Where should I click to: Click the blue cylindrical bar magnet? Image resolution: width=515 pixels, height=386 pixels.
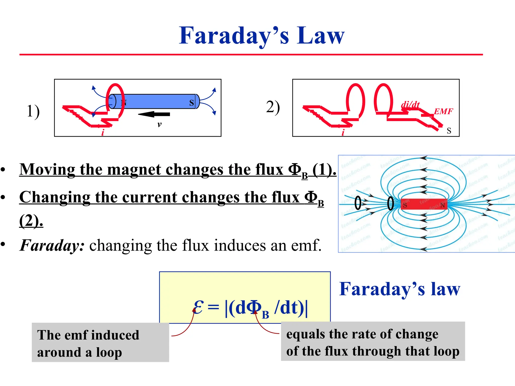pyautogui.click(x=156, y=101)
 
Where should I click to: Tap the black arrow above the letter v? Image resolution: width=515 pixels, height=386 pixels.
pyautogui.click(x=154, y=114)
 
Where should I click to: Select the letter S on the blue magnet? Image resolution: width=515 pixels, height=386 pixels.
pyautogui.click(x=192, y=102)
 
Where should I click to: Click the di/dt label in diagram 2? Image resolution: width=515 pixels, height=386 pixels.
pyautogui.click(x=410, y=105)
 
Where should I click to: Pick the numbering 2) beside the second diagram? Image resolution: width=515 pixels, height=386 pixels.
pyautogui.click(x=273, y=107)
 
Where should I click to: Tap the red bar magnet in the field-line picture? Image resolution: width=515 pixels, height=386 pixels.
pyautogui.click(x=424, y=204)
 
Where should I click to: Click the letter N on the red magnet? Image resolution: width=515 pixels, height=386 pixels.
pyautogui.click(x=443, y=205)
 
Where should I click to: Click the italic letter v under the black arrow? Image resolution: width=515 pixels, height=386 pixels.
pyautogui.click(x=159, y=124)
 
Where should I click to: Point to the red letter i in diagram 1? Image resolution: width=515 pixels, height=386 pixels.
pyautogui.click(x=103, y=133)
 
